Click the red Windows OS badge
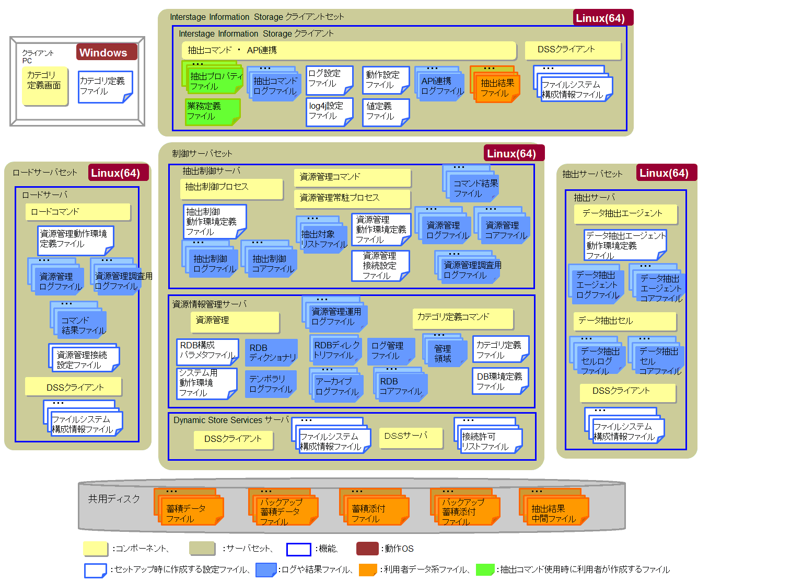(107, 52)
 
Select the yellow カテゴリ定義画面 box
(45, 86)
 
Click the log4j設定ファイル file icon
(330, 112)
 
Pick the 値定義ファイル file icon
(386, 112)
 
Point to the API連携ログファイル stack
(439, 83)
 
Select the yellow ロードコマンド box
(78, 212)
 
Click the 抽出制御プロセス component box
(231, 188)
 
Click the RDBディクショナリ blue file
(271, 352)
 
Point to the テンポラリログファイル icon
(271, 384)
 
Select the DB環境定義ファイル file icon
(501, 381)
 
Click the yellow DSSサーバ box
(411, 438)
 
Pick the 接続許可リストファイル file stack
(487, 436)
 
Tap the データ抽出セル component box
(625, 321)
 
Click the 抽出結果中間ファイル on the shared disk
(554, 507)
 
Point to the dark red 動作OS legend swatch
(367, 549)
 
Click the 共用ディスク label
(114, 499)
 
